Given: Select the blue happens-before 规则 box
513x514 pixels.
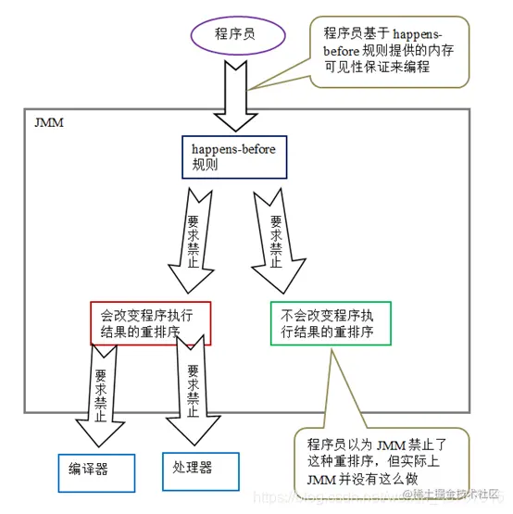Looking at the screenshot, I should point(240,157).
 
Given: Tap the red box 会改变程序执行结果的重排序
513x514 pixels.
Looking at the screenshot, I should point(150,322).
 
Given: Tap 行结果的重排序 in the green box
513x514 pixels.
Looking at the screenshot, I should point(324,332).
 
